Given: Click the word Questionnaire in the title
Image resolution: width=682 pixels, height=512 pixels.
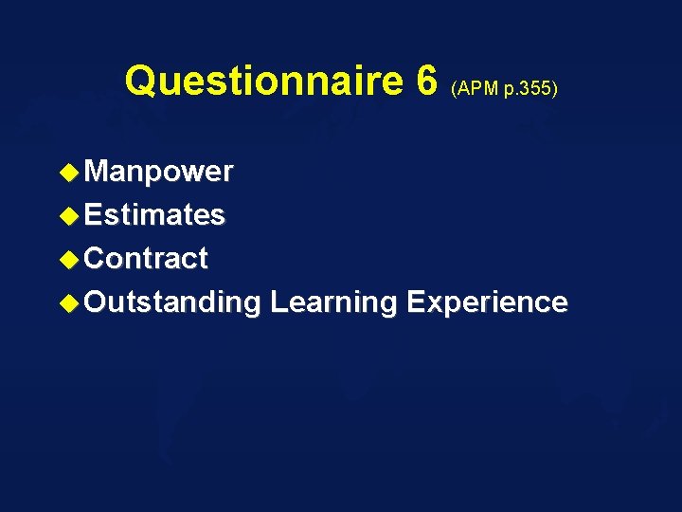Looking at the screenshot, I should click(x=265, y=82).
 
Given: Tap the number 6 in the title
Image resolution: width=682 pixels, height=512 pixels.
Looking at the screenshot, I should click(x=426, y=82).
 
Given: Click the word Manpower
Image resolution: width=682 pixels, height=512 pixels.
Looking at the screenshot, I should click(x=158, y=172).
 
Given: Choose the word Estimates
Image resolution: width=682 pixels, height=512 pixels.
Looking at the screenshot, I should click(x=154, y=215).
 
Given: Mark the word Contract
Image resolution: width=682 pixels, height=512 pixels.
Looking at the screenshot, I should click(x=146, y=259).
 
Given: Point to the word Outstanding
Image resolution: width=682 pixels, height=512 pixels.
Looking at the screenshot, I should click(x=172, y=303).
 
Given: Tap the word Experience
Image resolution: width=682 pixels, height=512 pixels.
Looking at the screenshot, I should click(x=487, y=303).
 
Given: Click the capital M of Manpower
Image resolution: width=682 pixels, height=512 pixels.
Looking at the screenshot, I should click(x=97, y=172).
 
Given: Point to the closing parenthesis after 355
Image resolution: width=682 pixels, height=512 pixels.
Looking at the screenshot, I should click(x=556, y=90).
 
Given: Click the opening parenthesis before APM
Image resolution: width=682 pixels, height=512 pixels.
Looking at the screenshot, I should click(x=455, y=90).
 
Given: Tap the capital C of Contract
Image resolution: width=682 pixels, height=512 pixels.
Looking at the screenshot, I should click(x=96, y=259).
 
